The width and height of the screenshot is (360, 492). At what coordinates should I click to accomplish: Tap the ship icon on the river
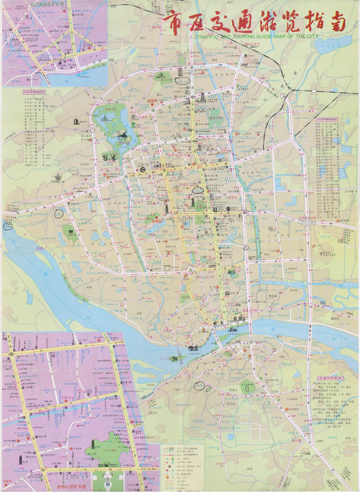point(193,348)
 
